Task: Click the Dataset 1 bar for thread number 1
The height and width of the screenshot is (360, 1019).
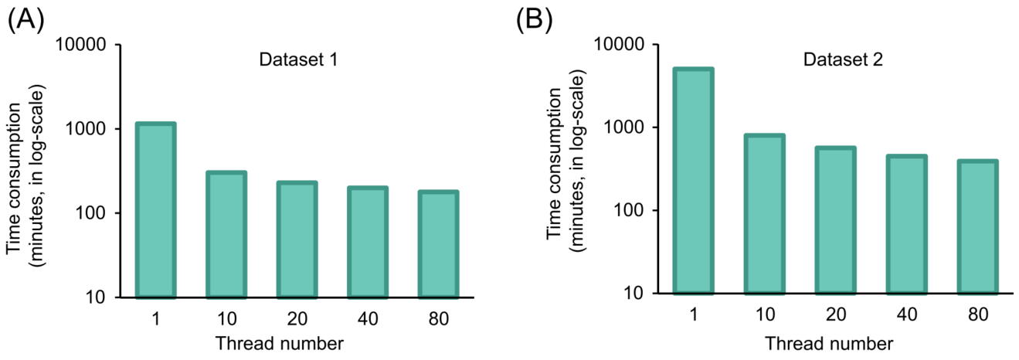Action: pos(156,210)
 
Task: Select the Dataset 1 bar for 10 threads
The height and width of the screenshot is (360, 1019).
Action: pos(226,235)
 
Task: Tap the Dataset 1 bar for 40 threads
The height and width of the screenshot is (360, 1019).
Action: pos(367,243)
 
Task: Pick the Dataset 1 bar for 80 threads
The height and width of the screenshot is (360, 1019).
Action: pos(438,245)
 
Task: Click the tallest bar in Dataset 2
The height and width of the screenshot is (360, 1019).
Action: pos(693,182)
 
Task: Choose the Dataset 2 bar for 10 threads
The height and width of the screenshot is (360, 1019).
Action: pos(763,215)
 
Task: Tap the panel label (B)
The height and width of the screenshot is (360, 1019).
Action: pos(535,19)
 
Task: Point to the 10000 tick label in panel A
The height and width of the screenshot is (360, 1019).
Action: pos(83,45)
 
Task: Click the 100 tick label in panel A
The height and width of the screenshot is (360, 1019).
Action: pos(93,213)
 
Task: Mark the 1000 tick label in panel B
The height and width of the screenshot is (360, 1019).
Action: pos(629,127)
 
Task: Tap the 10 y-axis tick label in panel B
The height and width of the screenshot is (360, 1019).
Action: pos(640,294)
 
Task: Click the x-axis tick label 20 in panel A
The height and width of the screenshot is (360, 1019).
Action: pos(297,319)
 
